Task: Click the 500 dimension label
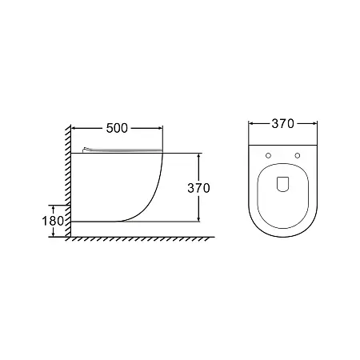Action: tap(117, 128)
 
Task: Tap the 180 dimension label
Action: tap(53, 221)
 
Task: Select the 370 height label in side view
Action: tap(198, 188)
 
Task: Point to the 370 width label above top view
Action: tap(282, 124)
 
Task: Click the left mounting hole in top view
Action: tap(268, 155)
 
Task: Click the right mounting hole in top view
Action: tap(298, 155)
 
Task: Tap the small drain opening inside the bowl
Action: tap(282, 184)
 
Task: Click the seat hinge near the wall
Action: tap(87, 150)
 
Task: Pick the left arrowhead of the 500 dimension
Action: tap(74, 128)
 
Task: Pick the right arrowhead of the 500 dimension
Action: tap(160, 128)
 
